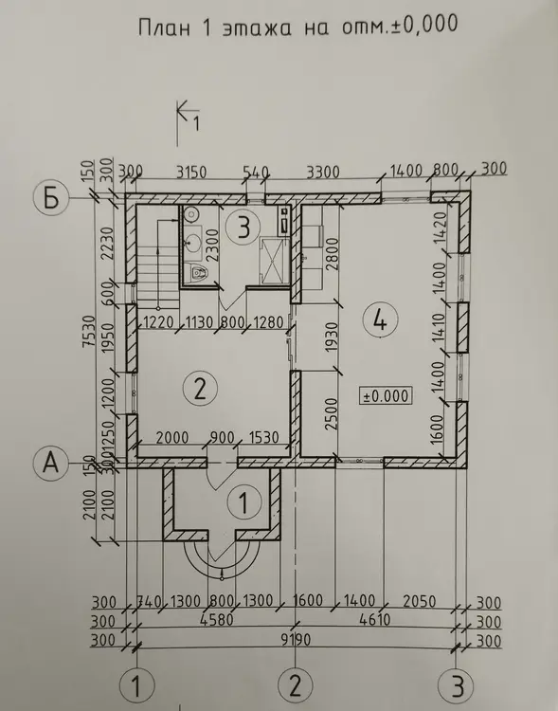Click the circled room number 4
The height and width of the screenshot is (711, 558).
point(381,320)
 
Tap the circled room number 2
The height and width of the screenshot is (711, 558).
point(200,388)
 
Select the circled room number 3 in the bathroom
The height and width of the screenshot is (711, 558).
point(243,227)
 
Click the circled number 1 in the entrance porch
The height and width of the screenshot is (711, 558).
point(244,501)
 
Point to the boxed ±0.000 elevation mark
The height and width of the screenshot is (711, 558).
point(386,396)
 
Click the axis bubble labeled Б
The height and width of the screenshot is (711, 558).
point(51,198)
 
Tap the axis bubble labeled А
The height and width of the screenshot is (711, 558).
point(51,463)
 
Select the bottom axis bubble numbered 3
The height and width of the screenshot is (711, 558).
point(458,685)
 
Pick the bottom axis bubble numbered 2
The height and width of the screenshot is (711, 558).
point(296,684)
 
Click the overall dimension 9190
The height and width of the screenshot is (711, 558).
point(296,639)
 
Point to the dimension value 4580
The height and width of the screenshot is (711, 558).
point(218,619)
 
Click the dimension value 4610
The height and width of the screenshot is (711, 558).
point(374,619)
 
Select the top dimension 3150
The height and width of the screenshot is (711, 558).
point(191,173)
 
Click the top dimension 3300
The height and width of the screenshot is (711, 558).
point(323,173)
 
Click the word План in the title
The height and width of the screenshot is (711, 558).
point(164,27)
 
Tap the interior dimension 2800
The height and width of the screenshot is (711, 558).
point(333,254)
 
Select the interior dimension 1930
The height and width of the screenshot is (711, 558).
point(333,337)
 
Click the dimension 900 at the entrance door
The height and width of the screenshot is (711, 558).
point(223,438)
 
